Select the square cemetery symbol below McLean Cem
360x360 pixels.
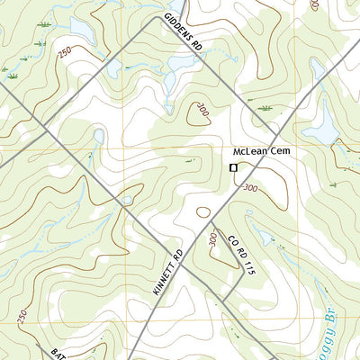pyautogui.click(x=233, y=167)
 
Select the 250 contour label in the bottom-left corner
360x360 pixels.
pyautogui.click(x=22, y=318)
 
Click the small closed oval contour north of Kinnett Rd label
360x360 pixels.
pyautogui.click(x=203, y=213)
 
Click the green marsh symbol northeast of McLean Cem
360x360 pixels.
pyautogui.click(x=266, y=108)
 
